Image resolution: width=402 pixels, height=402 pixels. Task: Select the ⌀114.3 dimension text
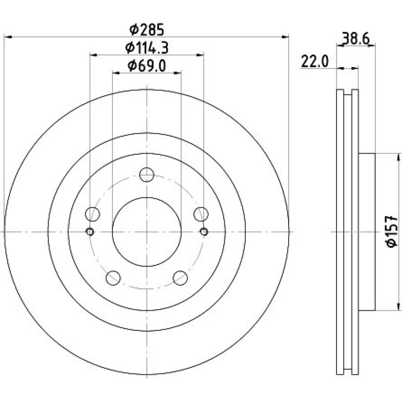click(147, 48)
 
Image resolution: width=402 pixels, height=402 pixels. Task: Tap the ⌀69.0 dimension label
click(147, 66)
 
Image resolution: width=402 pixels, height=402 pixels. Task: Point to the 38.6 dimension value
click(356, 39)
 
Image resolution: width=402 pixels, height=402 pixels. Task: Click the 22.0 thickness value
click(315, 62)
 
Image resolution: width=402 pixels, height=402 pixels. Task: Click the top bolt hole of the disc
click(147, 174)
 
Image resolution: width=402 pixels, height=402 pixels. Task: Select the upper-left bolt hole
click(92, 214)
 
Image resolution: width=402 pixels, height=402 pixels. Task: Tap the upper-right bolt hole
click(201, 214)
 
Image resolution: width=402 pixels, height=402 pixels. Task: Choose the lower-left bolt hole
click(113, 278)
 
